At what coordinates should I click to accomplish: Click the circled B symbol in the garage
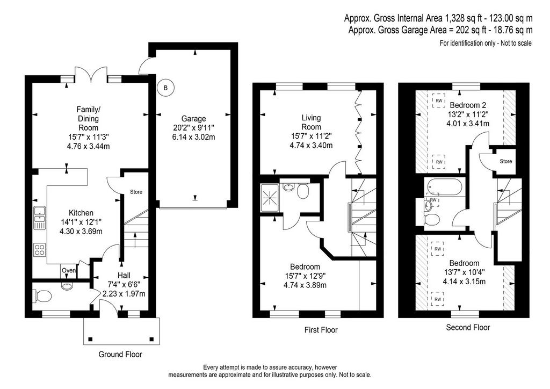tap(166, 88)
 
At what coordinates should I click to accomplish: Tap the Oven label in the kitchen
tap(68, 270)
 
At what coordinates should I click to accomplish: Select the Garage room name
tap(193, 119)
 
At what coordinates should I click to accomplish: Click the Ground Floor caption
tap(120, 354)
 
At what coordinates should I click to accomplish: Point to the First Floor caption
tap(321, 330)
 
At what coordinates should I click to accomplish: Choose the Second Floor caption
tap(468, 327)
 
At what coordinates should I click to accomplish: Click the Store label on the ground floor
tap(136, 192)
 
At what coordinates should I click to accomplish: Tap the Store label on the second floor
tap(506, 161)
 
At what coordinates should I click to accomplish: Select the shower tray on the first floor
tap(270, 198)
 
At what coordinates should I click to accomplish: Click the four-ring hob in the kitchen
tap(40, 249)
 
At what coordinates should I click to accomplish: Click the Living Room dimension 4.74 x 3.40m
tap(311, 145)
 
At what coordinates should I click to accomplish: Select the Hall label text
tap(124, 276)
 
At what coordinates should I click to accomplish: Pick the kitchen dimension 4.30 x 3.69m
tap(81, 232)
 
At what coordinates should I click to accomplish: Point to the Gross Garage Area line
tap(440, 30)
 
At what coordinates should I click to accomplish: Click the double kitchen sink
tap(40, 218)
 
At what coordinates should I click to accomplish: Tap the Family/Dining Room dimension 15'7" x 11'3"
tap(89, 137)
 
